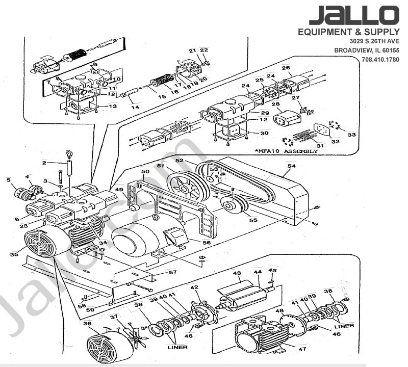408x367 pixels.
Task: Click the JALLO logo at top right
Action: click(x=353, y=15)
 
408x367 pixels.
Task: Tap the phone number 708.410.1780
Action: click(x=380, y=60)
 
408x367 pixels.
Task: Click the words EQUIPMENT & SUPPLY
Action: click(x=348, y=32)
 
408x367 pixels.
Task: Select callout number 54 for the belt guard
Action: click(x=291, y=166)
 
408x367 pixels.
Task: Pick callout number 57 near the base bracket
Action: click(x=173, y=273)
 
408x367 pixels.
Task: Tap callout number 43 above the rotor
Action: click(x=237, y=274)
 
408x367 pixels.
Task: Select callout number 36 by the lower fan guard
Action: click(x=87, y=323)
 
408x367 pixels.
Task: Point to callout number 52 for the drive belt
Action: click(x=179, y=160)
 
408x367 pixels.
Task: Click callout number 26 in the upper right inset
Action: click(x=286, y=68)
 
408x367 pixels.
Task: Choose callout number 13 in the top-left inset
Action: click(x=113, y=106)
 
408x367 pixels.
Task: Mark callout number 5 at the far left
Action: click(x=9, y=179)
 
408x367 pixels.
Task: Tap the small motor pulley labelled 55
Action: click(x=232, y=205)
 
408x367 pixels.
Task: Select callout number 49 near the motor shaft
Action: click(x=119, y=190)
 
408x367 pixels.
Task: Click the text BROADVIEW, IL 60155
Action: click(x=366, y=50)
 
